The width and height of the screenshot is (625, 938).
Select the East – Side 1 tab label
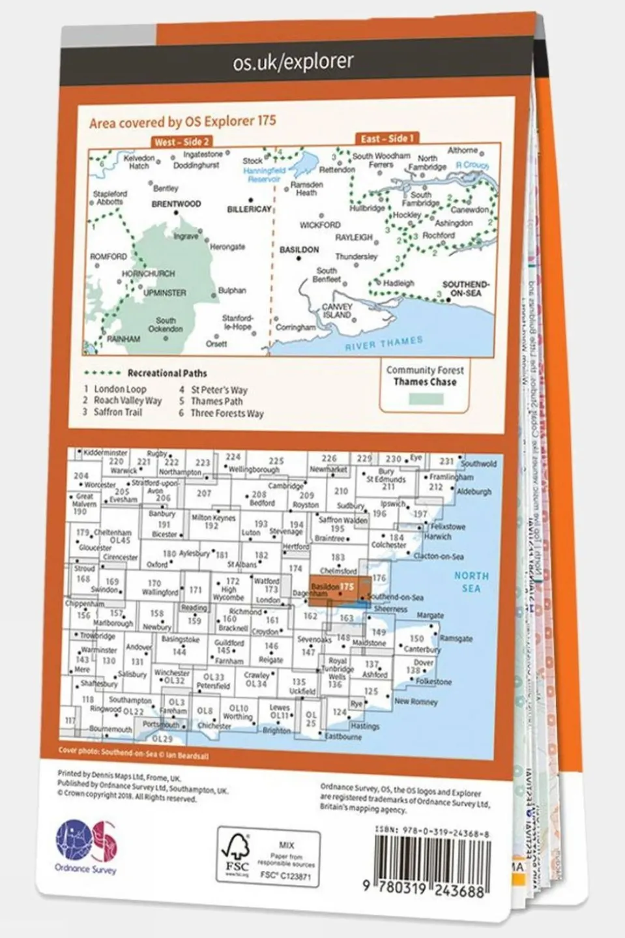(x=387, y=138)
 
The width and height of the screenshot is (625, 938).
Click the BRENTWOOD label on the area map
(x=176, y=204)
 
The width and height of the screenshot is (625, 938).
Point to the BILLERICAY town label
(x=249, y=209)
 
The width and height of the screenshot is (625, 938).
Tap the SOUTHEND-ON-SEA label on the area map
(x=465, y=289)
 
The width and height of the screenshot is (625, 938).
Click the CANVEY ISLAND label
(x=337, y=311)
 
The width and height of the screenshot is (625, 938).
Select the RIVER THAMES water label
(x=384, y=344)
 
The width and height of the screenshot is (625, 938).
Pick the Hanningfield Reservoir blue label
(x=264, y=175)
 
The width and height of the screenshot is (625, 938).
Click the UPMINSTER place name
(x=165, y=293)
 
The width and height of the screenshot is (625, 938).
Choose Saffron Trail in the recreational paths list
(x=117, y=412)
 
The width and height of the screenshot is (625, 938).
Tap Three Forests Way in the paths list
(x=227, y=413)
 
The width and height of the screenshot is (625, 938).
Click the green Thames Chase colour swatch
(x=424, y=399)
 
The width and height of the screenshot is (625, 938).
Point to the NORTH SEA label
(x=471, y=582)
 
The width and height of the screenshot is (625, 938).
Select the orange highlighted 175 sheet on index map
(x=340, y=587)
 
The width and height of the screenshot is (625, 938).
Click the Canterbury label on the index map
(x=422, y=649)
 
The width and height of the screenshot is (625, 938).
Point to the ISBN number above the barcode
(x=432, y=834)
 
